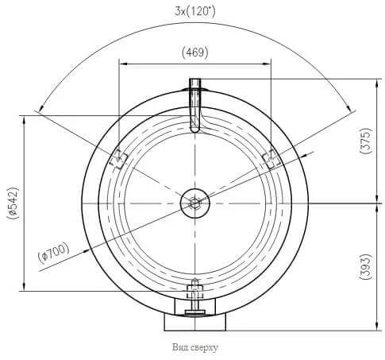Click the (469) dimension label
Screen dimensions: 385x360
[x=195, y=52]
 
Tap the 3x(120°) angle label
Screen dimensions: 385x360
[x=195, y=11]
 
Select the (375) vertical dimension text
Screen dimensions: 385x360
[x=366, y=141]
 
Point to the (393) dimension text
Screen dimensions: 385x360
[x=366, y=267]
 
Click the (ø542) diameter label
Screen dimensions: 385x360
[x=13, y=203]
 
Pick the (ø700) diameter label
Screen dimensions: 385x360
[x=54, y=253]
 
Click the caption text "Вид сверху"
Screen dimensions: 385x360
[x=195, y=347]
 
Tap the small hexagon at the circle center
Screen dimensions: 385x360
[x=195, y=203]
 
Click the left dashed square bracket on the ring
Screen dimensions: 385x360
[x=119, y=159]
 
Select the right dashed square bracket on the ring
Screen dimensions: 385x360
[x=271, y=159]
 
